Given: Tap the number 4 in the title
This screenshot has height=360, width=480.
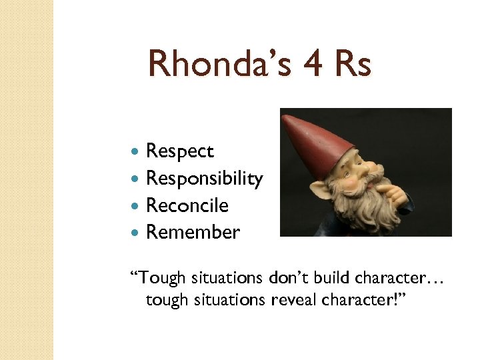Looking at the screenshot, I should [313, 65].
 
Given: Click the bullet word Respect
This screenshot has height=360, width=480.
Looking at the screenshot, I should [179, 151].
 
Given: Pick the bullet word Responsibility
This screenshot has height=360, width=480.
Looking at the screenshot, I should [204, 179].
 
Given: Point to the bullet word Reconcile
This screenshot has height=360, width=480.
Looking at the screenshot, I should [187, 205].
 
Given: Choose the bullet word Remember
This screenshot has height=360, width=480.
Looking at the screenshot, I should [193, 232].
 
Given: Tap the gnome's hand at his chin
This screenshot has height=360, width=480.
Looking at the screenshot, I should [393, 193].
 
